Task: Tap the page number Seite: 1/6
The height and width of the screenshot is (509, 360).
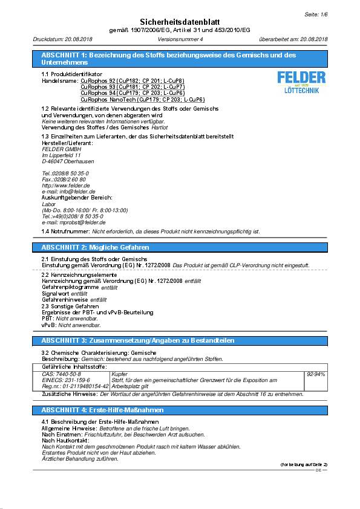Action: point(315,13)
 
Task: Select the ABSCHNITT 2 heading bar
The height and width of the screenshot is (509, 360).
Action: point(180,247)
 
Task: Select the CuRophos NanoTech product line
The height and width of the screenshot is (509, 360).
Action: point(142,99)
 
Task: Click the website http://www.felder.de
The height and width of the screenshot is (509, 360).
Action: point(62,185)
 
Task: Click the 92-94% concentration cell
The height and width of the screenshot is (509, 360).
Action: point(316,374)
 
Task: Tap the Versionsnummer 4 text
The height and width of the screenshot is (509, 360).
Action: point(180,39)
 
